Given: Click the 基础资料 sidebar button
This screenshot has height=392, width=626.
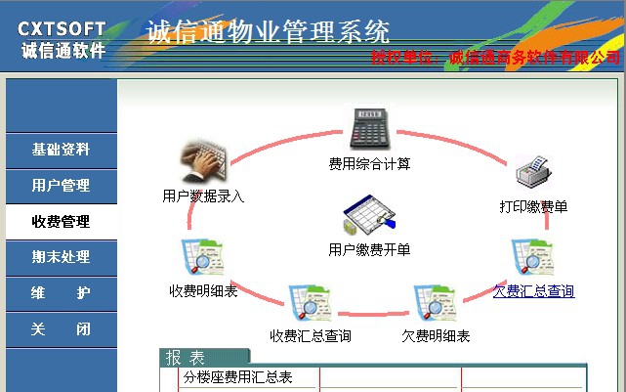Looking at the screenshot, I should tap(61, 150).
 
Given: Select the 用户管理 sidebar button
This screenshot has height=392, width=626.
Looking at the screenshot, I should tap(61, 186).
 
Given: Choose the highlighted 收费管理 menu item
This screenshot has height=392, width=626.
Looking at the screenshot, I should tap(61, 222).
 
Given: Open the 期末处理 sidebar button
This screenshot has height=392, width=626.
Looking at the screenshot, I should tap(61, 257).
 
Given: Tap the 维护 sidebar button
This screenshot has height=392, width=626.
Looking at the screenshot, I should tap(61, 293).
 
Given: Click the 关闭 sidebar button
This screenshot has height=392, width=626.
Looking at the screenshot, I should tap(61, 329).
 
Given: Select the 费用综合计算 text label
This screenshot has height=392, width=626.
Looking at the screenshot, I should tap(369, 163).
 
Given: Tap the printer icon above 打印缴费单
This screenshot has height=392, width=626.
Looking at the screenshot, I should tap(534, 175).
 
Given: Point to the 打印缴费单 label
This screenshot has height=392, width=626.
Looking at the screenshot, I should tap(533, 206).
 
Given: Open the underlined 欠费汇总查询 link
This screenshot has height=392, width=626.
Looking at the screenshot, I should tap(533, 291).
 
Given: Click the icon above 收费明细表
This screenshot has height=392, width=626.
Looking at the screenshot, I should tap(203, 258).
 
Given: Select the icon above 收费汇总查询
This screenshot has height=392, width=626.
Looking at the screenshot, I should tap(311, 304).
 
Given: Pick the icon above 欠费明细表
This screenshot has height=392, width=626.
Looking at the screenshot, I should tap(436, 304).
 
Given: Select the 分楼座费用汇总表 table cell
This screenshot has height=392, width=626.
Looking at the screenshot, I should tap(238, 377).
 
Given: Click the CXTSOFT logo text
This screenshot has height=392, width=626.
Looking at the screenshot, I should tap(62, 29).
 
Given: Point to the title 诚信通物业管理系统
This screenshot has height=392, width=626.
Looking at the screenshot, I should tap(269, 31).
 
